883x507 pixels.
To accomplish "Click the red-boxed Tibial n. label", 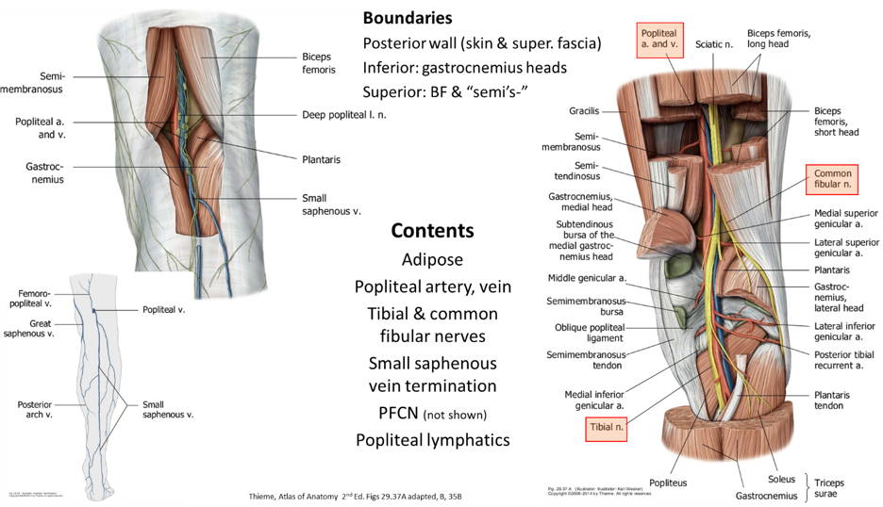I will pyautogui.click(x=608, y=428).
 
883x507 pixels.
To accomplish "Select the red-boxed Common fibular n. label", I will pyautogui.click(x=833, y=180).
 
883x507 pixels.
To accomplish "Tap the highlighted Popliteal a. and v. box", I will pyautogui.click(x=660, y=41).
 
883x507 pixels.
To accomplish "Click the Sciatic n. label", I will pyautogui.click(x=714, y=43).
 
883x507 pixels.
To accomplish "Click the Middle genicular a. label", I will pyautogui.click(x=587, y=278).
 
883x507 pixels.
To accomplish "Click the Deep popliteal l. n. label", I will pyautogui.click(x=345, y=116).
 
